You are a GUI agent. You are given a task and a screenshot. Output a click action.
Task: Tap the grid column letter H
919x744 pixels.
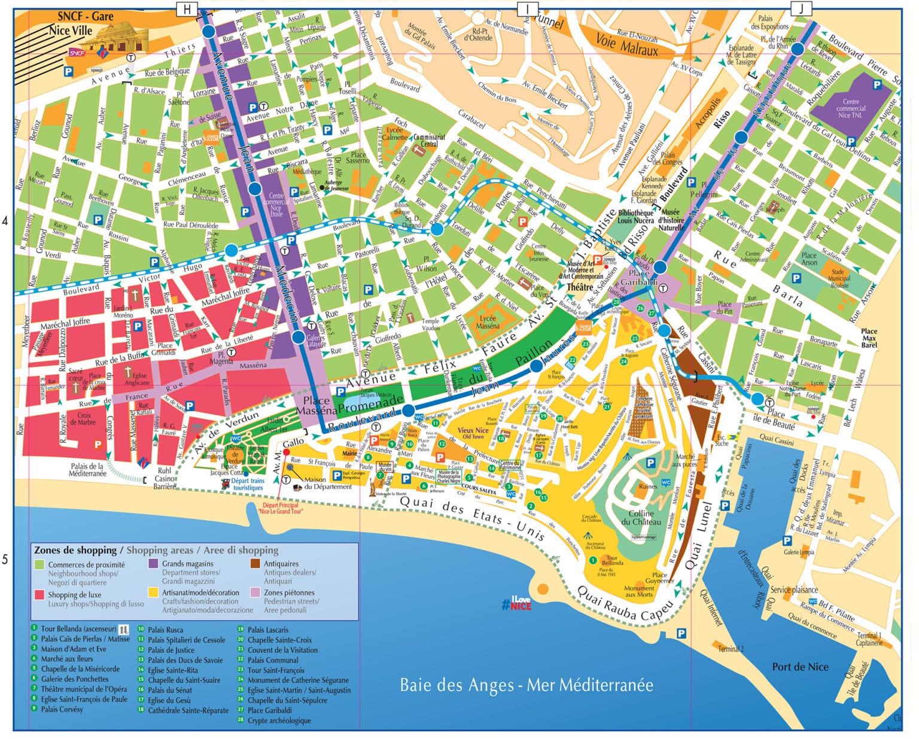pos(187,8)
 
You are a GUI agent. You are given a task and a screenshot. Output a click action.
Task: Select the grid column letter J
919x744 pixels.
pos(801,8)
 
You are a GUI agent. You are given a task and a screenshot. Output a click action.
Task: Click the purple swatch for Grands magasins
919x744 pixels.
pos(153,564)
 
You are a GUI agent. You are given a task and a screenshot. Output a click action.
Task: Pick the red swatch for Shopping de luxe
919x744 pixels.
pos(39,595)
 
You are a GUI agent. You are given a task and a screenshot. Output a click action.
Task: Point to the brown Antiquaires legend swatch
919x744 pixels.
pos(255,564)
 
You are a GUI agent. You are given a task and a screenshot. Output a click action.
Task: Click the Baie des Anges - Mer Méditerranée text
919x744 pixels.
pos(527,685)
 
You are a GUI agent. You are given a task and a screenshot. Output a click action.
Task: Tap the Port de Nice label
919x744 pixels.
pos(800,667)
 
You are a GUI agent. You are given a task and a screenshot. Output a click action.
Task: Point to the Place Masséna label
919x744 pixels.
pos(317,406)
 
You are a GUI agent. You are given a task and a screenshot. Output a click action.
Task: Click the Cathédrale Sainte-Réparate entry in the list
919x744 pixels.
pos(188,710)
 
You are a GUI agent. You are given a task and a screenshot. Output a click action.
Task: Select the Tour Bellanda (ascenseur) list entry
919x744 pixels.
pos(78,629)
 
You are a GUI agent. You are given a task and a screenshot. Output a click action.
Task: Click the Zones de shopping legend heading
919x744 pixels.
pos(75,550)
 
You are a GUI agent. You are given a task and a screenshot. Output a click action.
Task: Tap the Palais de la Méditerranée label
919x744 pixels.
pos(87,470)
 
